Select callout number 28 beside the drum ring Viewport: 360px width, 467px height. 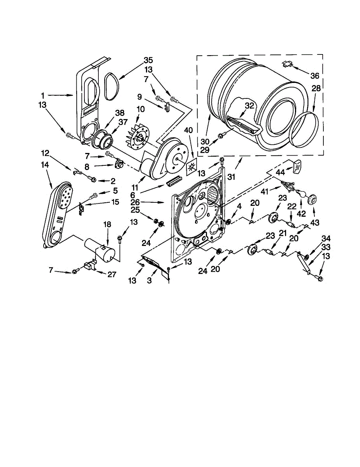point(316,89)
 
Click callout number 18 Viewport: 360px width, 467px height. point(107,225)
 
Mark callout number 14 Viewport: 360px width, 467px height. point(45,165)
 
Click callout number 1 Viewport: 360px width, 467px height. point(43,95)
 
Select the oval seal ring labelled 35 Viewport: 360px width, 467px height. point(112,81)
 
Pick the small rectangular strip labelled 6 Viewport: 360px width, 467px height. point(174,181)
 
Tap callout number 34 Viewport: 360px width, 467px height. point(326,239)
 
